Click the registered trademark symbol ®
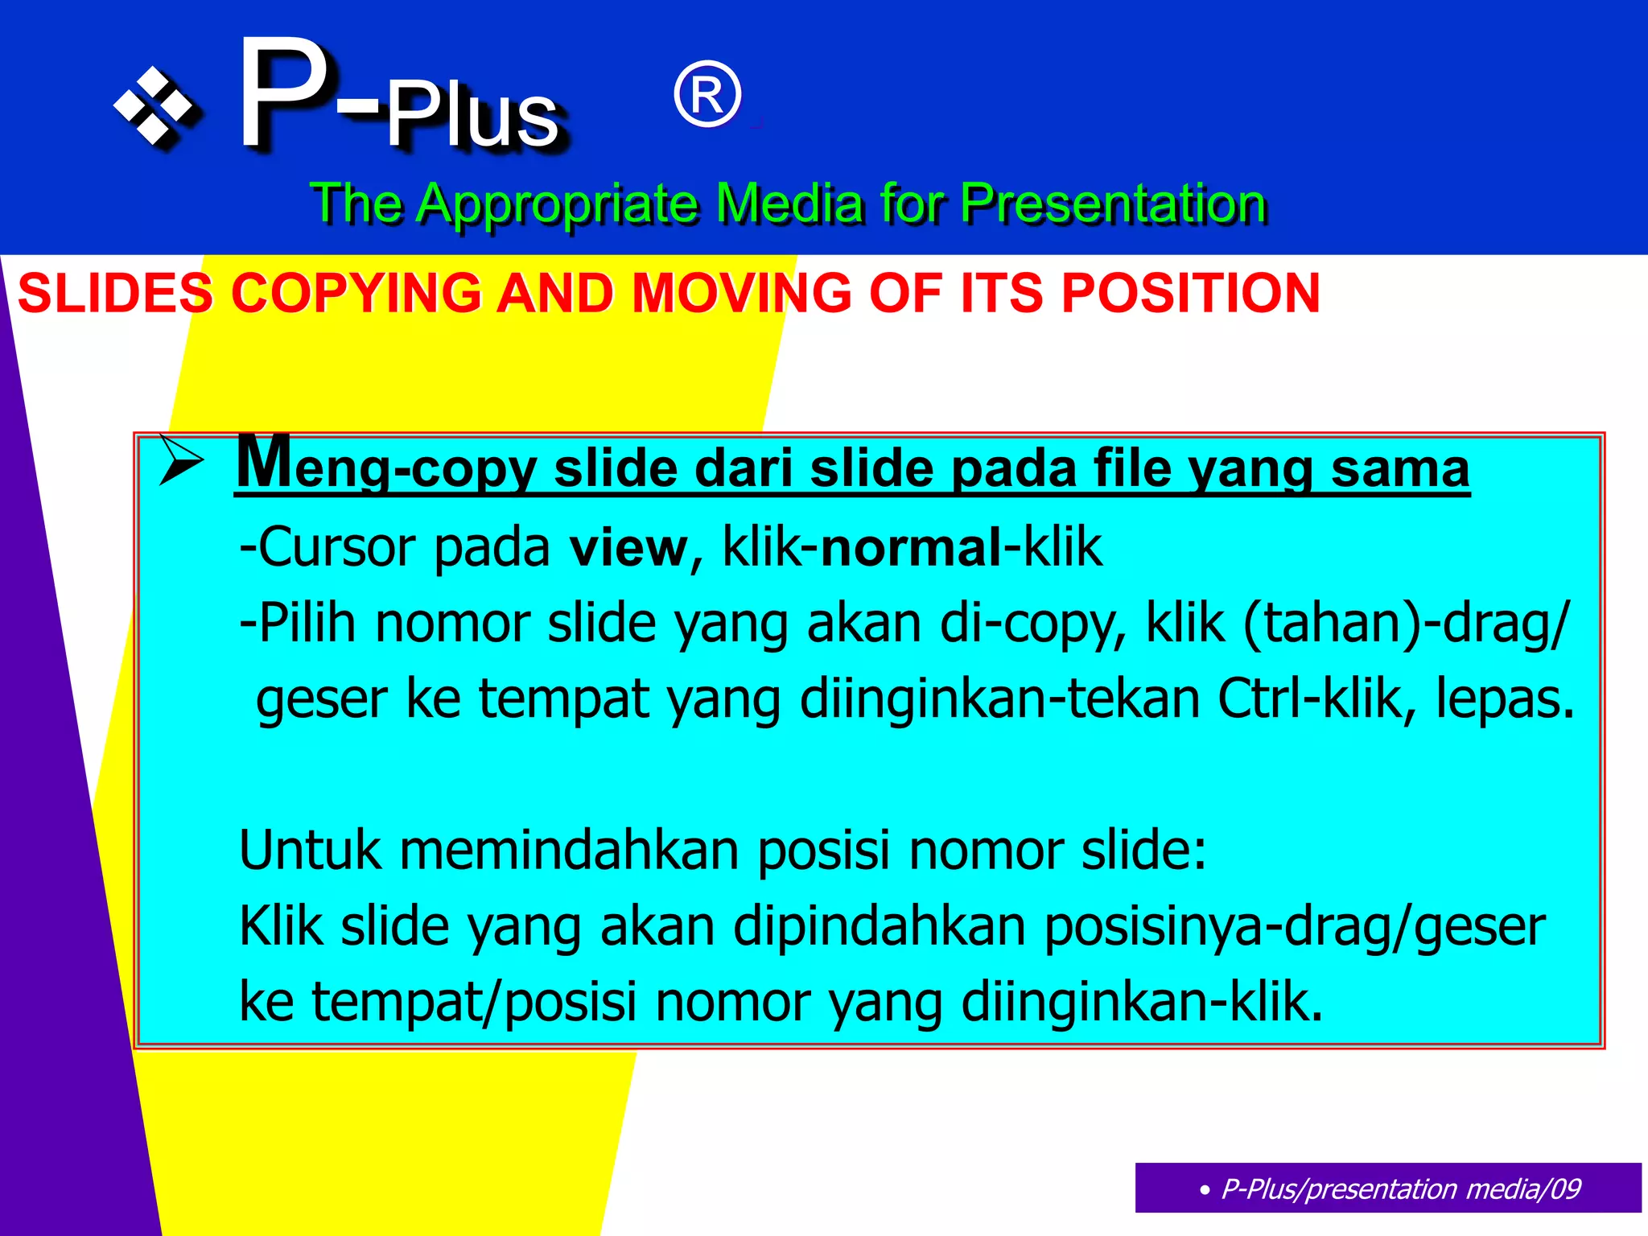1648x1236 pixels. [707, 97]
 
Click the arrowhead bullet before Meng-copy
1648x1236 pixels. [180, 461]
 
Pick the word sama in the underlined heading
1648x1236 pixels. [1399, 469]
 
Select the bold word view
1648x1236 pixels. [628, 548]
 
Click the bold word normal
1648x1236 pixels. [910, 548]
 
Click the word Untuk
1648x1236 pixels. [310, 850]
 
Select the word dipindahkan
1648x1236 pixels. [879, 926]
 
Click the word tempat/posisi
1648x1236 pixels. [474, 1002]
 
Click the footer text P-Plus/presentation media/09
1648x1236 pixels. [1400, 1189]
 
